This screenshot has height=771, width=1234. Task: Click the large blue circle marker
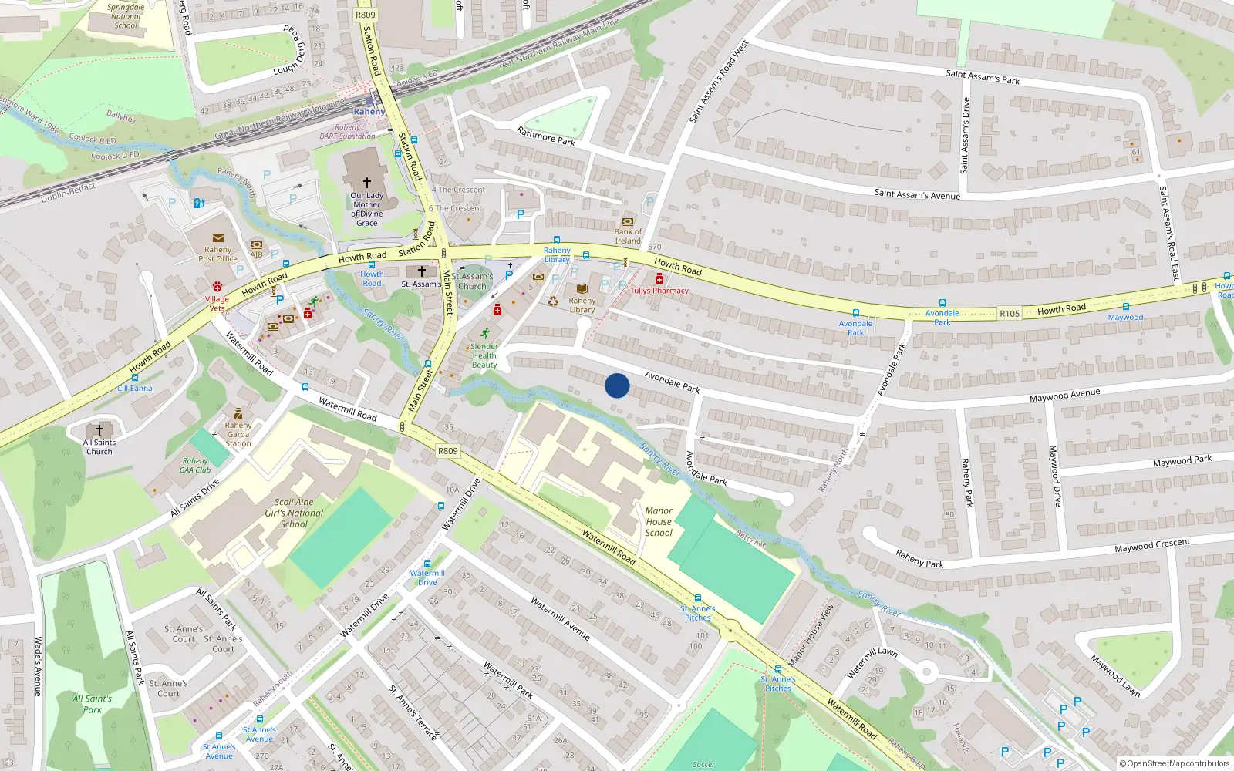pyautogui.click(x=617, y=385)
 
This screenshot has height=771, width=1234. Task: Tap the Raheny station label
pyautogui.click(x=369, y=112)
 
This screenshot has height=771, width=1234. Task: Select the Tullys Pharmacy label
pyautogui.click(x=659, y=291)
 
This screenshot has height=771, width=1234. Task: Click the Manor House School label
pyautogui.click(x=659, y=522)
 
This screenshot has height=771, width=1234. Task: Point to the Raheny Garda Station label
pyautogui.click(x=238, y=434)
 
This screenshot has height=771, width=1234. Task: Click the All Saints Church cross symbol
pyautogui.click(x=99, y=429)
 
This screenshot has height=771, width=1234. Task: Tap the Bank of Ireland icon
pyautogui.click(x=628, y=221)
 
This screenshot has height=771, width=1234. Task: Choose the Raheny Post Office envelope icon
pyautogui.click(x=218, y=239)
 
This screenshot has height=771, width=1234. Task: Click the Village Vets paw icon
pyautogui.click(x=217, y=287)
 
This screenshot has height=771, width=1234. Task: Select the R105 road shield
pyautogui.click(x=1010, y=313)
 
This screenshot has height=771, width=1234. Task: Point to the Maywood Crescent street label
pyautogui.click(x=1152, y=545)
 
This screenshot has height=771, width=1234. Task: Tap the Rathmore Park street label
pyautogui.click(x=546, y=136)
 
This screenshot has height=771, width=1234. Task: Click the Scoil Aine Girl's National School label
pyautogui.click(x=295, y=513)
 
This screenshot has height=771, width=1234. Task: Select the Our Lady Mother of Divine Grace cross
pyautogui.click(x=367, y=183)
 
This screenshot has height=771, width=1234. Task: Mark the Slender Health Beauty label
pyautogui.click(x=484, y=355)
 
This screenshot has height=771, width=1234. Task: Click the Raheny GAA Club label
pyautogui.click(x=196, y=465)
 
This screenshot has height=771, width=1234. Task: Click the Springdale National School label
pyautogui.click(x=126, y=16)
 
